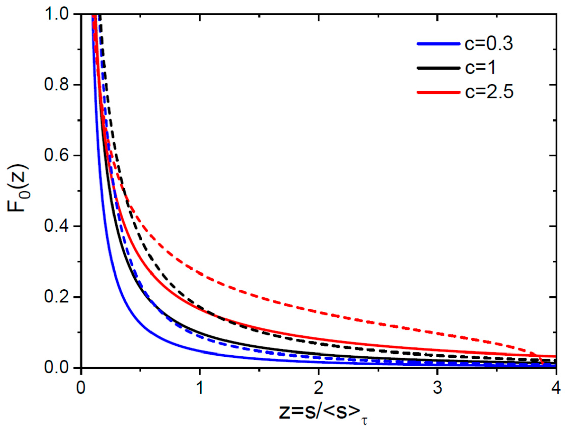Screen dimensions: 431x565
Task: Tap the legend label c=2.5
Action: [x=489, y=92]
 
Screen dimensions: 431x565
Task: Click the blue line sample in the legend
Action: [x=437, y=44]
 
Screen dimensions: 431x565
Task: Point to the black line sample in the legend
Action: [x=437, y=68]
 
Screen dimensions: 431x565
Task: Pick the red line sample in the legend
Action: [x=437, y=92]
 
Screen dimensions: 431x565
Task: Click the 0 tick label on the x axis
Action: [x=81, y=388]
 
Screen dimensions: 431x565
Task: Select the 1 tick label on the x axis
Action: [x=200, y=388]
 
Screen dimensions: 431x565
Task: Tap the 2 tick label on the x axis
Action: [x=318, y=388]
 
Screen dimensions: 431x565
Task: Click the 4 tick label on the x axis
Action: [x=555, y=388]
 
